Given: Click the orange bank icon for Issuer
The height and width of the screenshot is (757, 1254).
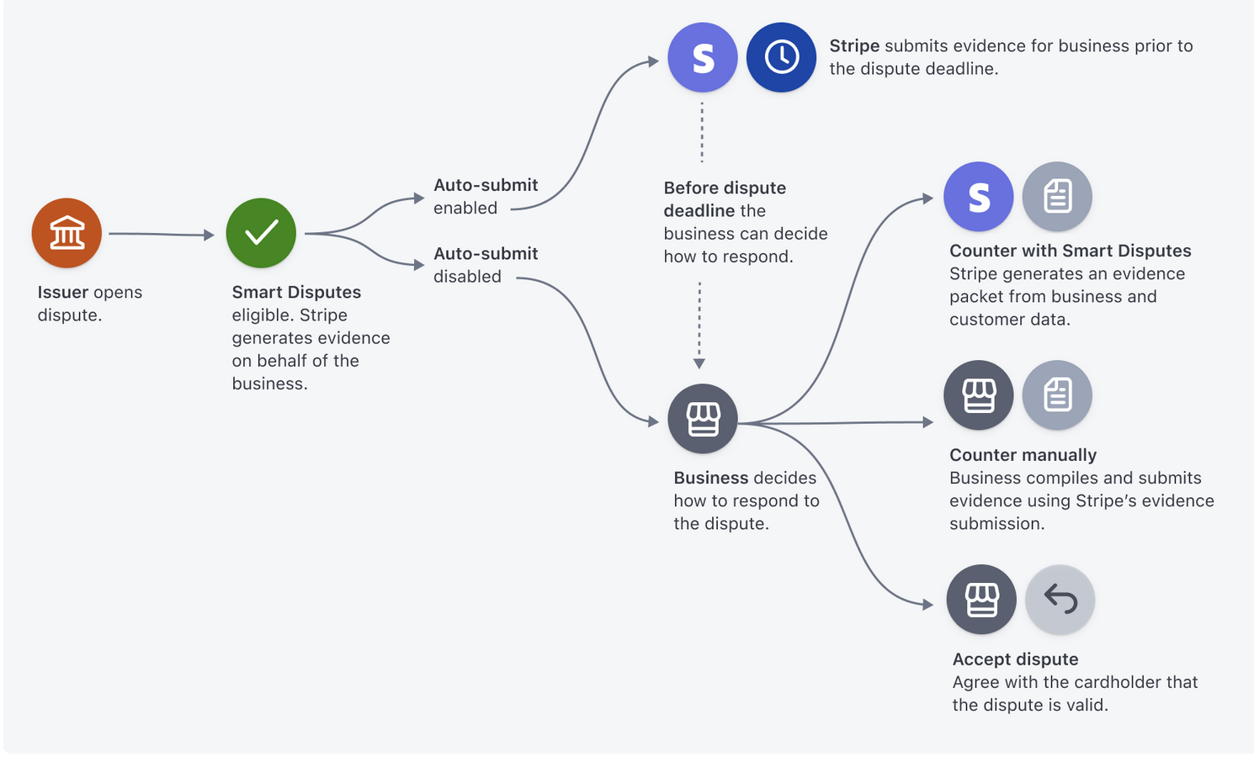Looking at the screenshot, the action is click(x=66, y=233).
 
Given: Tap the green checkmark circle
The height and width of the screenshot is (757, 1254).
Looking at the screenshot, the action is click(x=261, y=233).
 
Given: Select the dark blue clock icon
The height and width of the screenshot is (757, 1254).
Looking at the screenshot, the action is click(x=781, y=57).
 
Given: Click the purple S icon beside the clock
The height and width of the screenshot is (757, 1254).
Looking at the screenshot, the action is click(x=703, y=57).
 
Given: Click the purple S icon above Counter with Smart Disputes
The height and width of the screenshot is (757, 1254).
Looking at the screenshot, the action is click(x=979, y=196).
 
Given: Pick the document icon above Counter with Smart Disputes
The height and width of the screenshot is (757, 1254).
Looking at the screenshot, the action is click(x=1057, y=196).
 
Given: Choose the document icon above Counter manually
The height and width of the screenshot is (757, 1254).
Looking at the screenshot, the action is click(x=1057, y=395).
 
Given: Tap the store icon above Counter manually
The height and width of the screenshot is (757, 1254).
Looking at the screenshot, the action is click(x=979, y=395).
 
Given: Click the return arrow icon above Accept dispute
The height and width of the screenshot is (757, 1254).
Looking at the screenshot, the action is click(x=1060, y=599).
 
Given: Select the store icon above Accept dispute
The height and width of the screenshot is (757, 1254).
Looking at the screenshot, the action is click(x=981, y=599).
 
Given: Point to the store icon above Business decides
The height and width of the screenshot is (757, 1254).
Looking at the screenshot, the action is click(x=703, y=419).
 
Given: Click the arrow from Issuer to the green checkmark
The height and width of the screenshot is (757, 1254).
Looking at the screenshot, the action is click(x=162, y=235).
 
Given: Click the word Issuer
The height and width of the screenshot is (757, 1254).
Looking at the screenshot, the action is click(x=62, y=292).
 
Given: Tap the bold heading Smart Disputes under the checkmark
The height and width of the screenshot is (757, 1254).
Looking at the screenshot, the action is click(x=296, y=292).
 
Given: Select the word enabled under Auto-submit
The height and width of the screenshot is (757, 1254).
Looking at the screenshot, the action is click(x=465, y=208).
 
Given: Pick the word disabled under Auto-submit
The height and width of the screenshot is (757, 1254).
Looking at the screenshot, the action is click(x=467, y=277).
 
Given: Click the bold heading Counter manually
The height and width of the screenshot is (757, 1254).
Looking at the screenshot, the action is click(x=1023, y=455).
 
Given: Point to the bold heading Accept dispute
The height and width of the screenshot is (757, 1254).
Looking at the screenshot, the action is click(x=1015, y=659).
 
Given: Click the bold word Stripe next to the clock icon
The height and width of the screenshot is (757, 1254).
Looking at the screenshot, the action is click(x=854, y=46).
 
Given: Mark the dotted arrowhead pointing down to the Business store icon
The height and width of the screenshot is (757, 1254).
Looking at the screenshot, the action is click(x=699, y=363).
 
